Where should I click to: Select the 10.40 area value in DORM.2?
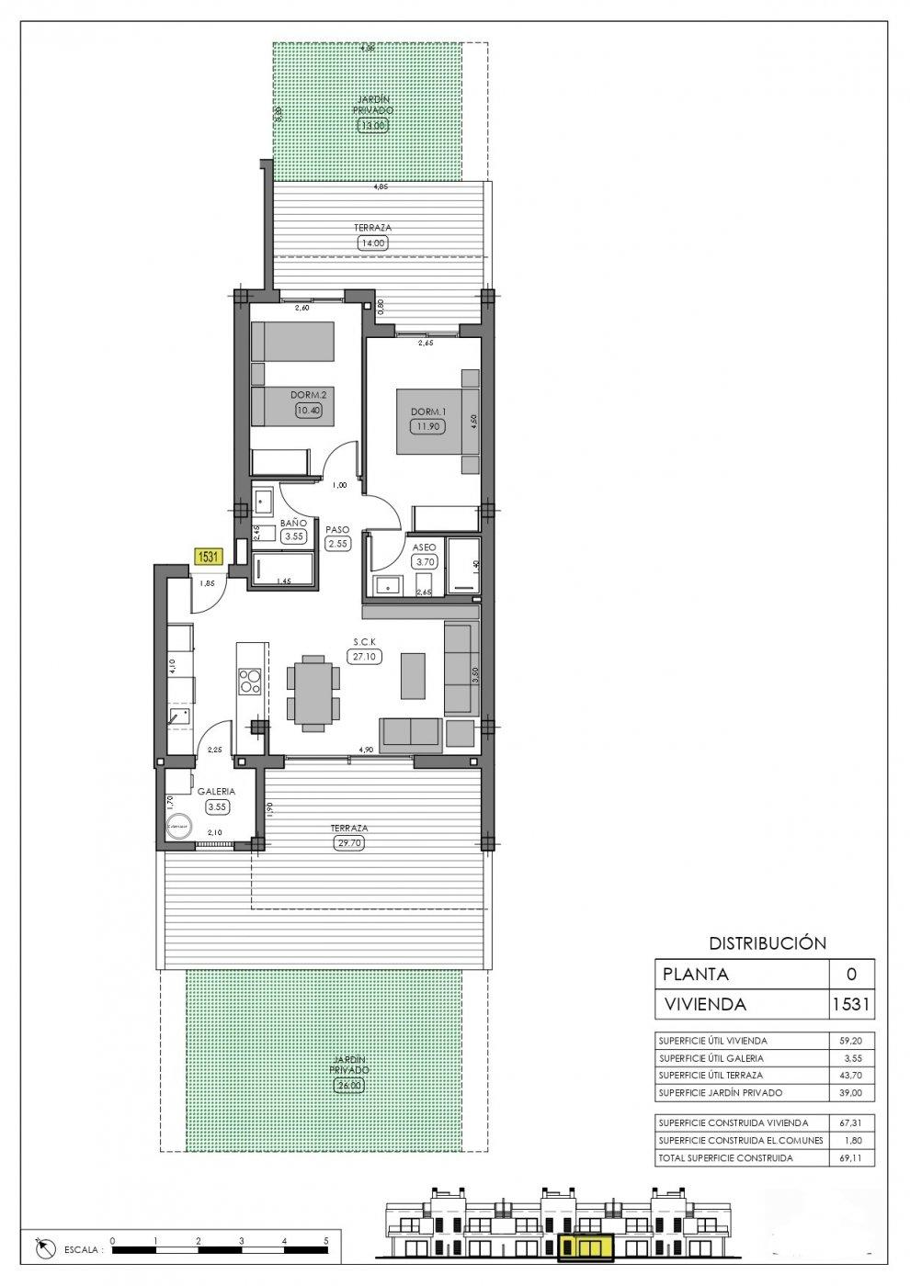(309, 412)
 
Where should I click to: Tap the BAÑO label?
(293, 523)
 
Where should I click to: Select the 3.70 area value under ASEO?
(424, 562)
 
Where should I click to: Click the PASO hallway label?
(336, 529)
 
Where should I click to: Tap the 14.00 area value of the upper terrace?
(373, 243)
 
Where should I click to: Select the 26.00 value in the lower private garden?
(350, 1085)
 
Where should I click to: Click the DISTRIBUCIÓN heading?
(768, 942)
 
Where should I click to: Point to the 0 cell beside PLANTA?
(849, 974)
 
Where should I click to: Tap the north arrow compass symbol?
(42, 1249)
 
